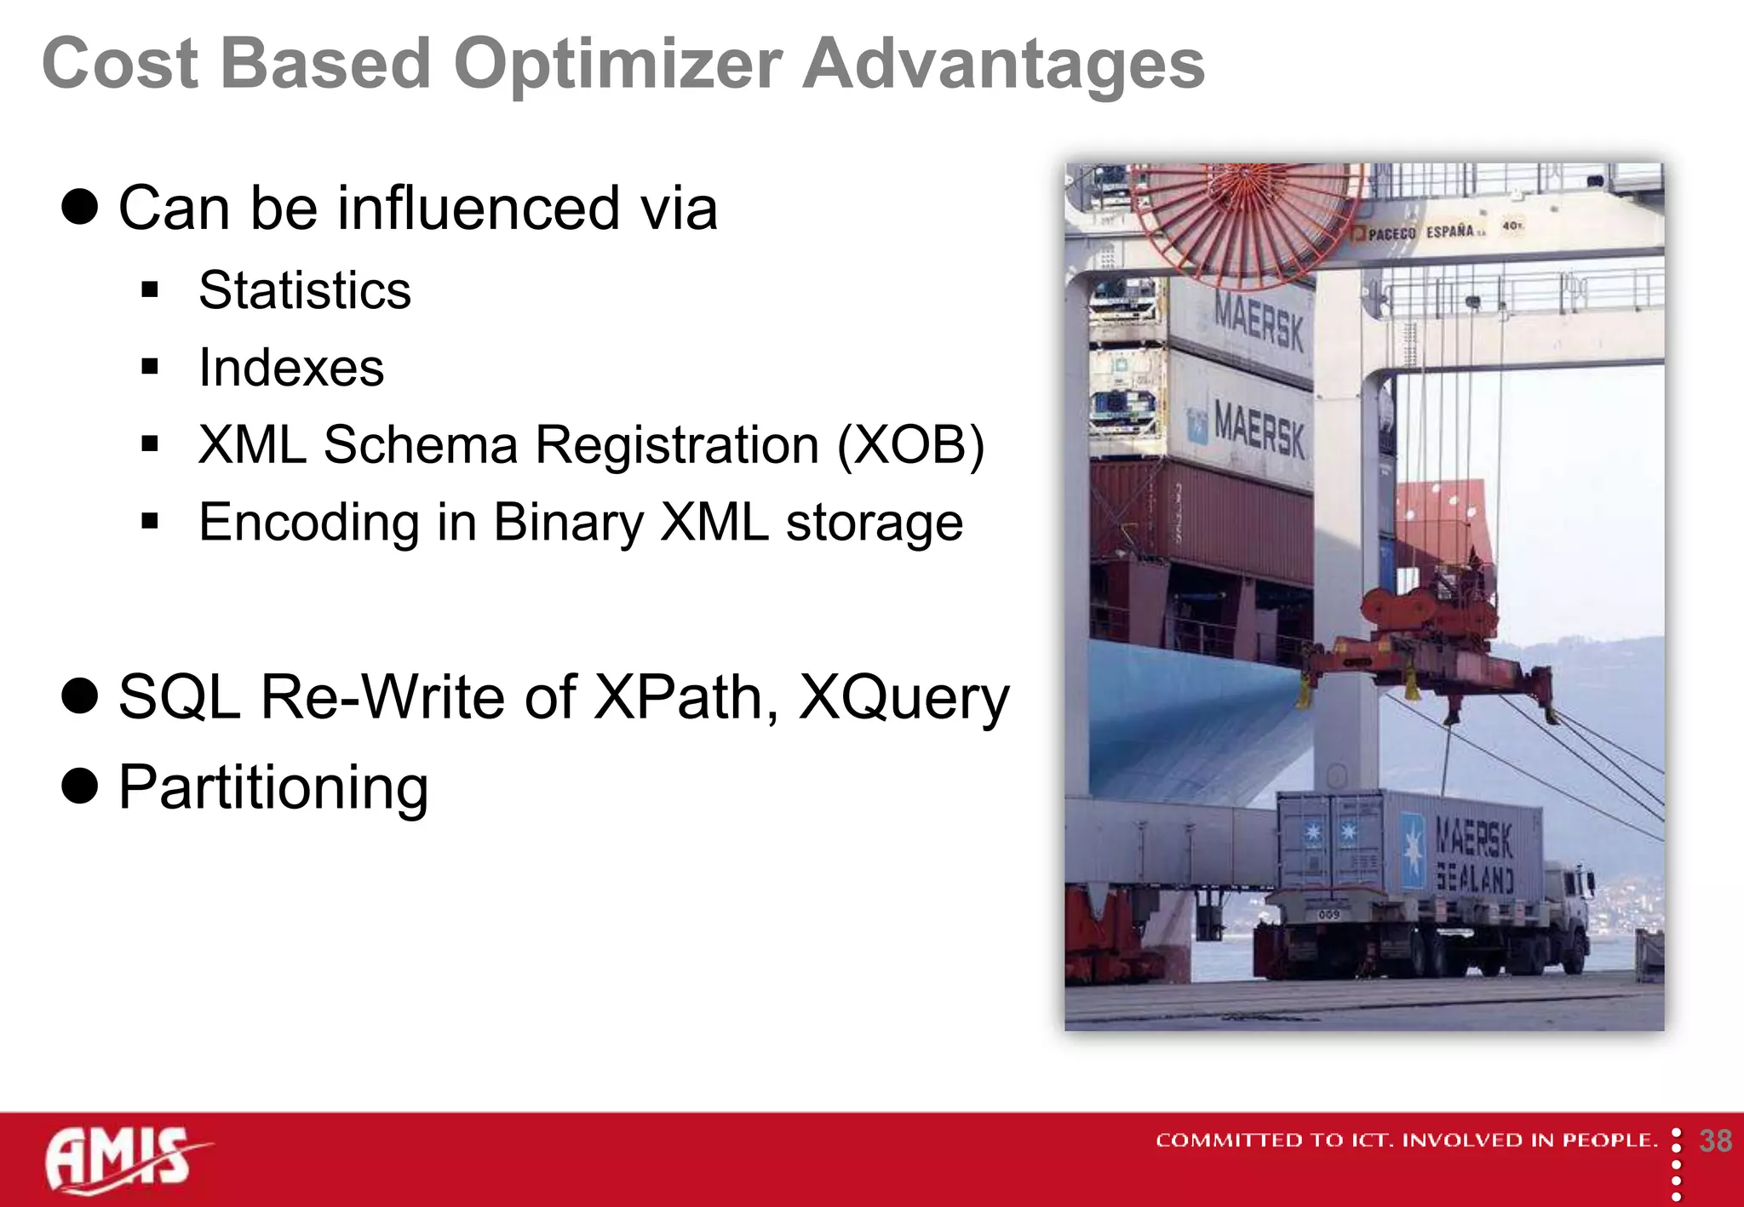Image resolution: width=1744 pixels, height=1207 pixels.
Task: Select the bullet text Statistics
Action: coord(304,290)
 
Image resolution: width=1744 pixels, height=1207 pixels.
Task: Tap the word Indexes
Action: coord(290,368)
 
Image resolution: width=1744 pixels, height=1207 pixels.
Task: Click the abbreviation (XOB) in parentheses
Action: coord(910,444)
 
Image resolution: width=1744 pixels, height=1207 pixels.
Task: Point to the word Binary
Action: coord(568,522)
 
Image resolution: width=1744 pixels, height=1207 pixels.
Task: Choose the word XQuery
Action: coord(904,697)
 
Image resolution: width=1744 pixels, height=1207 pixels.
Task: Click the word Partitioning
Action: coord(272,787)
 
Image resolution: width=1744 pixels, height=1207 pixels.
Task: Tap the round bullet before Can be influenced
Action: coord(80,207)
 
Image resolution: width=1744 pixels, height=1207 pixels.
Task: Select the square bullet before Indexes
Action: coord(151,368)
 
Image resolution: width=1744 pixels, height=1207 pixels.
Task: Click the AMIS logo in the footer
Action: coord(123,1159)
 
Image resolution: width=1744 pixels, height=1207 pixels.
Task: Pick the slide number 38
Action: coord(1715,1141)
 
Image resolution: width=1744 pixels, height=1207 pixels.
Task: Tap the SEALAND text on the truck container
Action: coord(1474,877)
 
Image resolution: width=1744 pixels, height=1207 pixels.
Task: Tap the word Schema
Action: coord(421,444)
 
